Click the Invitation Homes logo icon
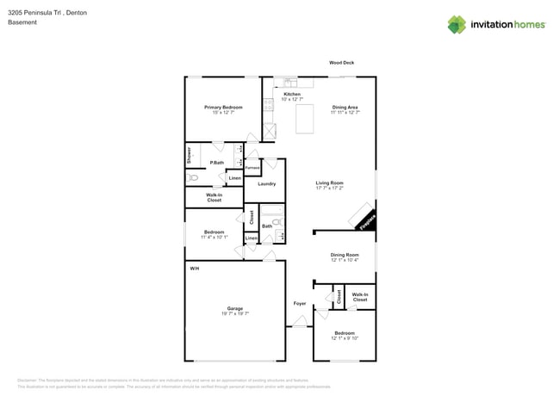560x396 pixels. tap(457, 24)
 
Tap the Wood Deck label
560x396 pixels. tap(342, 63)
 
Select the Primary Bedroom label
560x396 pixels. tap(223, 108)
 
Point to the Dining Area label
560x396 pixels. tap(345, 108)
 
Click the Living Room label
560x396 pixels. tap(329, 183)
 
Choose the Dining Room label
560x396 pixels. tap(345, 255)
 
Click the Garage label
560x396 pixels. tap(235, 308)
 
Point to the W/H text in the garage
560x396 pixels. tap(195, 269)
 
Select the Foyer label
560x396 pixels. tap(300, 303)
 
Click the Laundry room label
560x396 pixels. tap(266, 183)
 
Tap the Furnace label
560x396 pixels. tap(253, 167)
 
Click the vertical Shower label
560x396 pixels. tap(189, 156)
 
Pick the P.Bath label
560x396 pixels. tap(216, 163)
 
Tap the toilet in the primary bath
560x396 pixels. tap(193, 178)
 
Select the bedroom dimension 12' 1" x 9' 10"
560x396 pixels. tap(345, 338)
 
